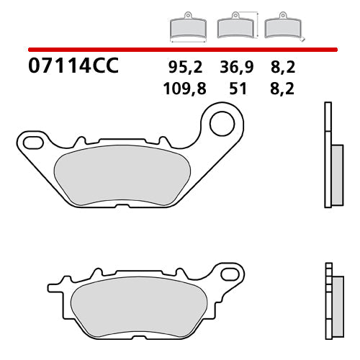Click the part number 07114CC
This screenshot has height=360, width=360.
point(72,68)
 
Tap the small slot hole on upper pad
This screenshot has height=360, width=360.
point(32,138)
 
